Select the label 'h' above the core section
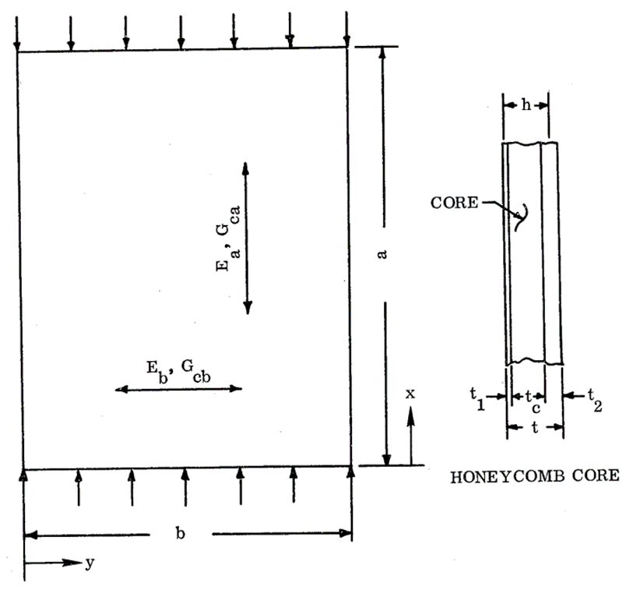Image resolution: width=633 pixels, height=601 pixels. [x=526, y=104]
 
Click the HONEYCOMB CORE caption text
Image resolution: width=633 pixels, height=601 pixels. [x=535, y=475]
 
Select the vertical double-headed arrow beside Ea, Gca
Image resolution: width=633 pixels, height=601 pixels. [x=247, y=238]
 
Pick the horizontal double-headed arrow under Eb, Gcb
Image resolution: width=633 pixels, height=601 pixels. [x=178, y=387]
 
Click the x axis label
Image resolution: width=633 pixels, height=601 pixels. [x=410, y=394]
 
